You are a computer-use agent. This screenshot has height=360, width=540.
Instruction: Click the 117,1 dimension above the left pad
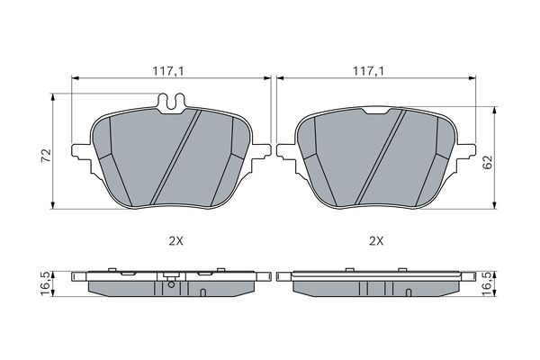(x=169, y=71)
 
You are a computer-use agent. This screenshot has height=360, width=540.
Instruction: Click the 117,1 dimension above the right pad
(x=368, y=71)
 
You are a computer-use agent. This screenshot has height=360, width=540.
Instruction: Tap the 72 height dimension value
(x=46, y=156)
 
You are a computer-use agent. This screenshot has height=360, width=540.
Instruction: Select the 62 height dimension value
(x=488, y=162)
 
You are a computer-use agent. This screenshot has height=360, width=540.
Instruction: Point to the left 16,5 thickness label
(x=46, y=283)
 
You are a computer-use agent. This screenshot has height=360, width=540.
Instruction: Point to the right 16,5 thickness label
(x=488, y=283)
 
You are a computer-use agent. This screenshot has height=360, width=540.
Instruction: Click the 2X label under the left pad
(x=176, y=241)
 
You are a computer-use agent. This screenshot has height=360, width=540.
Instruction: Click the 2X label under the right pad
(x=376, y=241)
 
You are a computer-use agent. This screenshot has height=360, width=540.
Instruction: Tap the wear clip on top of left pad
(x=172, y=103)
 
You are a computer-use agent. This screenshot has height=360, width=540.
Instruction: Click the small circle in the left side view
(x=171, y=284)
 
